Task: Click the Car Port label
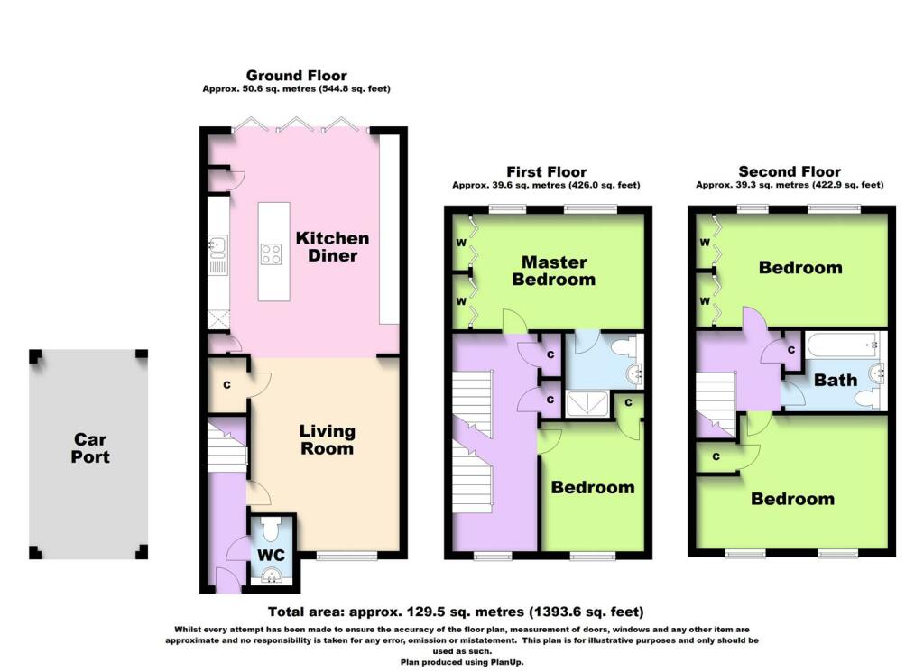[x=91, y=447]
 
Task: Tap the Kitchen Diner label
[x=333, y=246]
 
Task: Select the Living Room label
[x=328, y=439]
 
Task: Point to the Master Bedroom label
[x=553, y=271]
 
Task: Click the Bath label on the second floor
[x=836, y=380]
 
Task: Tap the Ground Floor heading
[x=296, y=76]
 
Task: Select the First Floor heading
[x=545, y=171]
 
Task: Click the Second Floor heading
[x=790, y=171]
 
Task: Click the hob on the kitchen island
[x=271, y=254]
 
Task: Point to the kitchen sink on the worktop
[x=217, y=244]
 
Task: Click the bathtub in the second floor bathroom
[x=838, y=344]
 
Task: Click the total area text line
[x=455, y=611]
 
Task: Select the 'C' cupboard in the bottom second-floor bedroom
[x=717, y=456]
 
